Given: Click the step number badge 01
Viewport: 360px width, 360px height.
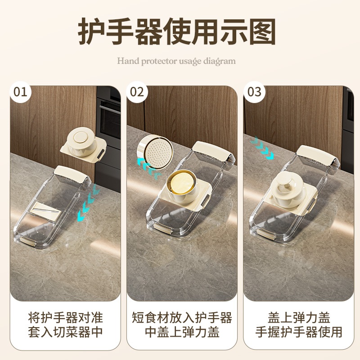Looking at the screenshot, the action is coord(20,92).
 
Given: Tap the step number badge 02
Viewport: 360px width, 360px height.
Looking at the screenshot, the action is coord(137,92).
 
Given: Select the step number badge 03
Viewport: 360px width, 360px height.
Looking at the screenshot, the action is coord(254,92).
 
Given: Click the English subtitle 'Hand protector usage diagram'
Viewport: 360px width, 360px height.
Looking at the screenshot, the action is coord(176,61).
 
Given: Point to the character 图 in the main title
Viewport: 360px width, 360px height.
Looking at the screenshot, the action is coord(262,31).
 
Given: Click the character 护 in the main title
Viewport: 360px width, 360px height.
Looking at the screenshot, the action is coord(91,31).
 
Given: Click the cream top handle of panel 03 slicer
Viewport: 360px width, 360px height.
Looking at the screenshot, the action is coord(317,155).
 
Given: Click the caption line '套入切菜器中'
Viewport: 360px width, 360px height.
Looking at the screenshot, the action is coord(65,332).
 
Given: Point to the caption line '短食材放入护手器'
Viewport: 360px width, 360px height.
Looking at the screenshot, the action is coord(182,318).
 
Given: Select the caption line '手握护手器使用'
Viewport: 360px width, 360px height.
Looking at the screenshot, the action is coord(299,332).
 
